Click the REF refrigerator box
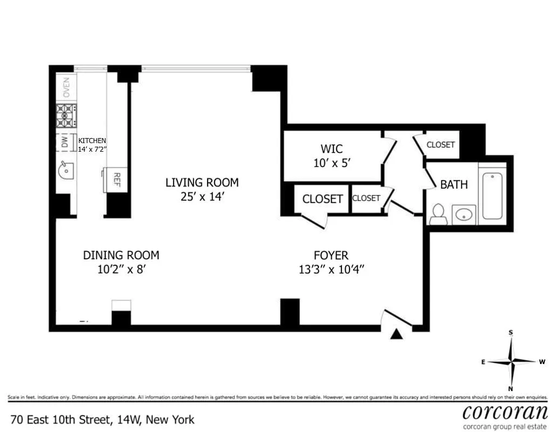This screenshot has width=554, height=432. tap(115, 179)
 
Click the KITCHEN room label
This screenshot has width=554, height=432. tap(92, 140)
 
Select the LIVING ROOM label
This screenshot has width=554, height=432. tap(202, 183)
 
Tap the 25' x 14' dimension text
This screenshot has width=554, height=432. tap(202, 197)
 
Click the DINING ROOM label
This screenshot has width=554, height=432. tap(121, 255)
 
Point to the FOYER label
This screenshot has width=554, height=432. tap(331, 255)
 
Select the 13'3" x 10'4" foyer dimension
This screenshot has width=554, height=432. tap(331, 269)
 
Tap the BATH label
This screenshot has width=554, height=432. tap(454, 185)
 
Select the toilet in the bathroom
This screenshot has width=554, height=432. tap(437, 214)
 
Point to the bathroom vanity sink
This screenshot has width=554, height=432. tap(463, 215)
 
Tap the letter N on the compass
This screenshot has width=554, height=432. tap(510, 389)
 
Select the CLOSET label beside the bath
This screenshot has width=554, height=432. tap(441, 145)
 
